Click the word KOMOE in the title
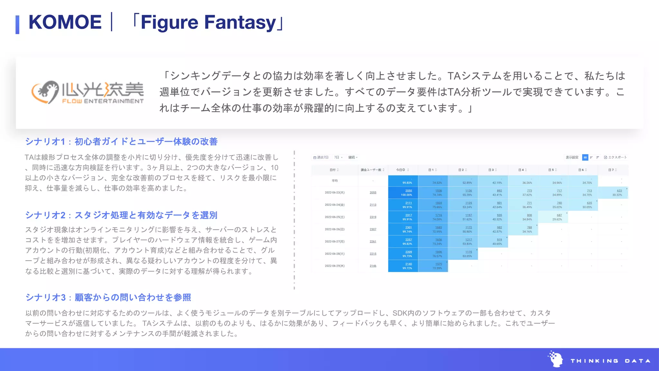click(x=65, y=22)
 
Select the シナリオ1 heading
click(x=121, y=141)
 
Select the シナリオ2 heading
click(x=121, y=215)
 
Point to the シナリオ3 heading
click(x=108, y=297)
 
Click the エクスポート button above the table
click(x=616, y=157)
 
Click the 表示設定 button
click(x=572, y=157)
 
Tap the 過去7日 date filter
click(x=321, y=157)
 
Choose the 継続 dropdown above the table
click(x=353, y=157)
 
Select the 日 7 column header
click(x=612, y=170)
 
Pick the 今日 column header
click(x=402, y=170)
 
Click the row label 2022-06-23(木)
click(x=334, y=193)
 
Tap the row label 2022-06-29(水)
click(x=334, y=266)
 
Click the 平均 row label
click(x=335, y=181)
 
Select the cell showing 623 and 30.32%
click(x=617, y=193)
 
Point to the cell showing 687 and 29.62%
click(x=558, y=217)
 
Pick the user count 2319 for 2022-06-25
click(x=373, y=217)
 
